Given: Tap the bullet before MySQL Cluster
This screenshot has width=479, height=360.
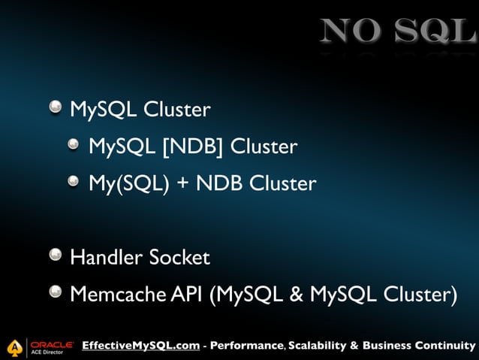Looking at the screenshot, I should click(56, 109).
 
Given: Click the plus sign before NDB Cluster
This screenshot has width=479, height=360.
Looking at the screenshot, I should click(181, 183).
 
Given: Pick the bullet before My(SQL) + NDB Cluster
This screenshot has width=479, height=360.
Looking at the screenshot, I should click(74, 182).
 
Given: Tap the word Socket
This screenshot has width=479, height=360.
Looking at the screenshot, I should click(179, 258).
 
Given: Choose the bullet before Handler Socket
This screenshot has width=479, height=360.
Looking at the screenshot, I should click(56, 257).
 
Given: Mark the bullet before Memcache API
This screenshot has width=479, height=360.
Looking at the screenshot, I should click(56, 294).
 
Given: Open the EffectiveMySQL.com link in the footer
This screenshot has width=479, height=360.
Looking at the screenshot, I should click(141, 346).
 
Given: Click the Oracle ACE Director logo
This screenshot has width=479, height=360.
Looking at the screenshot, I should click(41, 346).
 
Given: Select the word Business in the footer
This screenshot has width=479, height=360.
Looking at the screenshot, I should click(388, 346).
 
